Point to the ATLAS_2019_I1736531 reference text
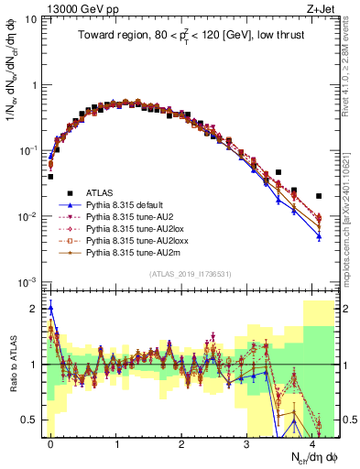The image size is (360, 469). pyautogui.click(x=193, y=275)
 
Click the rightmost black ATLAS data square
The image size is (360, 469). pyautogui.click(x=319, y=196)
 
